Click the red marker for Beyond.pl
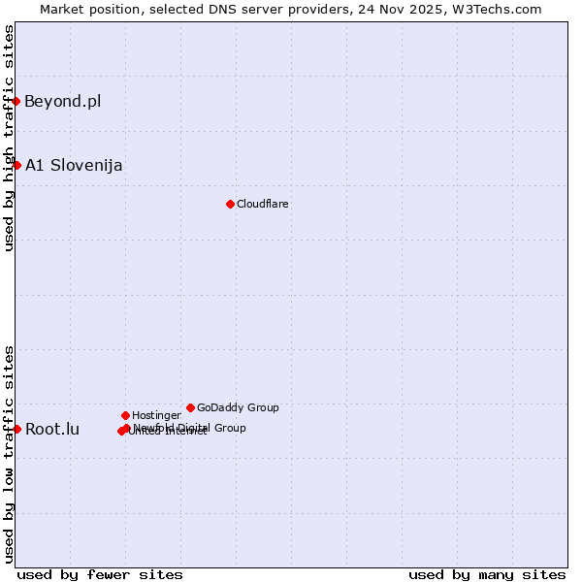tap(16, 101)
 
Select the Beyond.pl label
tap(63, 101)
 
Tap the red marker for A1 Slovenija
tap(16, 165)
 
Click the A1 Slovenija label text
tap(74, 165)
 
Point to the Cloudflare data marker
tap(230, 204)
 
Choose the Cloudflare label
tap(263, 204)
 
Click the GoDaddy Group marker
tap(190, 407)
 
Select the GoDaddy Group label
tap(238, 407)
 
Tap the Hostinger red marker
tap(125, 415)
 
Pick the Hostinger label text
tap(156, 415)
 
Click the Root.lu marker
tap(16, 429)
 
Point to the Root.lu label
tap(52, 429)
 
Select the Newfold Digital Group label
tap(190, 427)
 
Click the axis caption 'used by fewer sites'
tap(100, 574)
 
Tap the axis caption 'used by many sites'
tap(487, 574)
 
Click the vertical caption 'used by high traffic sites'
tap(9, 138)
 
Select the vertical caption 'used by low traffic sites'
tap(9, 454)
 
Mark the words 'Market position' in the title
tap(88, 9)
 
